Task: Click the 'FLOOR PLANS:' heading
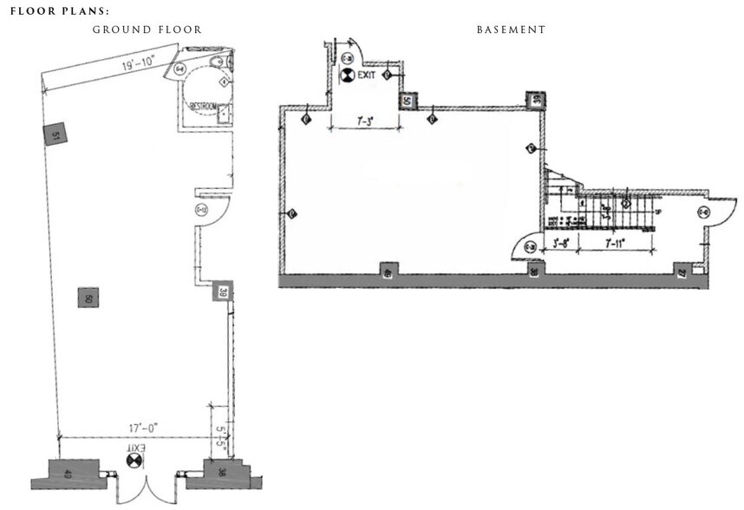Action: pos(60,12)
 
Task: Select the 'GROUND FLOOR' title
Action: pos(147,29)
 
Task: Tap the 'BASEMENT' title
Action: pos(511,29)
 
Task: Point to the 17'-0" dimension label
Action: pos(135,428)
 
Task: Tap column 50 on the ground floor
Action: pos(88,297)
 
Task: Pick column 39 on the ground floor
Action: pos(224,292)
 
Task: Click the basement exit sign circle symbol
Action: pos(347,75)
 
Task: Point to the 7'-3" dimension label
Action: pos(365,122)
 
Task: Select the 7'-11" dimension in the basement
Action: pos(616,244)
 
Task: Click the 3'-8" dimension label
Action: pos(562,244)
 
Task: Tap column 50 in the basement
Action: pos(406,101)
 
